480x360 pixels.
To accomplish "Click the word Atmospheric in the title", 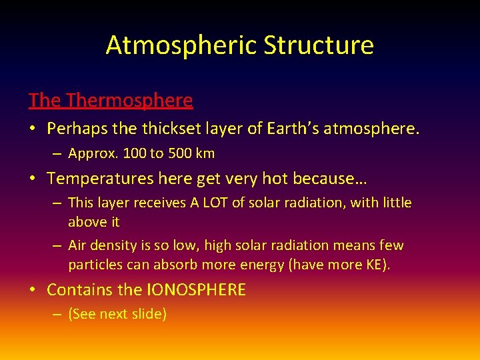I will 181,45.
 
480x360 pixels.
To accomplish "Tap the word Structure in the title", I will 318,45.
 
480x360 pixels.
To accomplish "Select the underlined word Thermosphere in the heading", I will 130,101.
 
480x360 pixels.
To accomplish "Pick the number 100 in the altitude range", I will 132,153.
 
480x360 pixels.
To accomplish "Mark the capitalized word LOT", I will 214,203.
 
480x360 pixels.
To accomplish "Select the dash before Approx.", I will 58,154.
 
